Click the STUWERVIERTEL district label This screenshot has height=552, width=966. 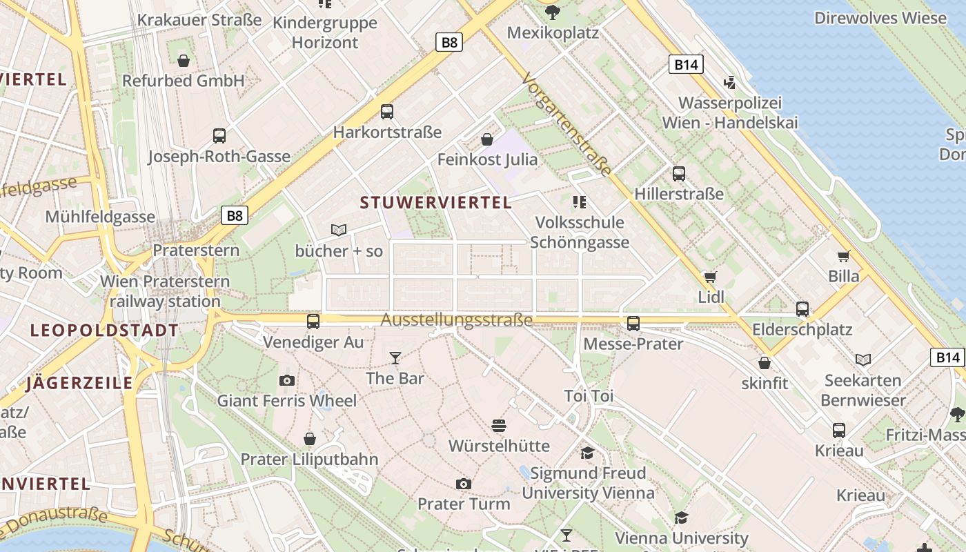(x=436, y=203)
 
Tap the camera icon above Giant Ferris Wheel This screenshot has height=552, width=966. (x=287, y=380)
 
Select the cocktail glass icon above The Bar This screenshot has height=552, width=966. (x=395, y=357)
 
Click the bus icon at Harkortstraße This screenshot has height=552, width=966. (x=387, y=111)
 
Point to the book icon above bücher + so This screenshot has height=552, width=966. (x=338, y=230)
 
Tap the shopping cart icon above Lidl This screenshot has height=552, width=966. (x=711, y=277)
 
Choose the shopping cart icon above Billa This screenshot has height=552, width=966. (x=844, y=256)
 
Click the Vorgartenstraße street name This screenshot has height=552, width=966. (x=567, y=124)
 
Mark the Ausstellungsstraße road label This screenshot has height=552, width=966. (x=457, y=320)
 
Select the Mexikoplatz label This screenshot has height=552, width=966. (x=553, y=32)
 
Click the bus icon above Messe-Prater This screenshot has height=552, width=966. (x=633, y=322)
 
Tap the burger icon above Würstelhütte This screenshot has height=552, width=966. (x=500, y=425)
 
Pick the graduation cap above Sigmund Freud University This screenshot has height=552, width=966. (x=587, y=453)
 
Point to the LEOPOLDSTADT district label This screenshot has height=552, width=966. (x=105, y=331)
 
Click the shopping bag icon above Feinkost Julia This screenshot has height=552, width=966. (x=487, y=139)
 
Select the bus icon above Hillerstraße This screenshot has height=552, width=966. (x=679, y=173)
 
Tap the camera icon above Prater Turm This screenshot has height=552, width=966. (x=464, y=484)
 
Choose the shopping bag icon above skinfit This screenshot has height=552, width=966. (x=765, y=362)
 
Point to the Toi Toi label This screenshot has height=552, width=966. (x=589, y=396)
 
